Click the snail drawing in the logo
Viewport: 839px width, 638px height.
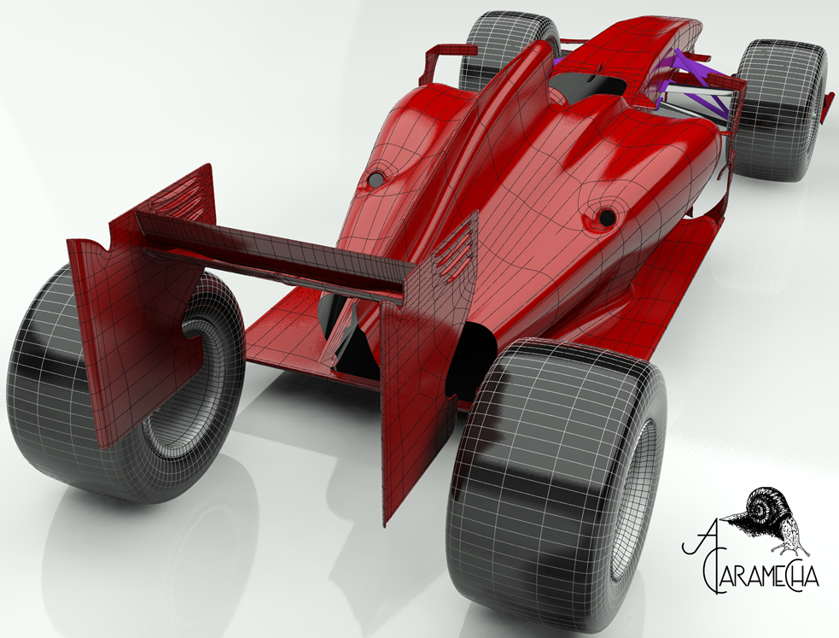click(x=771, y=518)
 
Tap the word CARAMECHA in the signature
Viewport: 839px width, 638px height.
click(x=759, y=578)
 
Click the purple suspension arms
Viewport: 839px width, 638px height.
click(x=696, y=85)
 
